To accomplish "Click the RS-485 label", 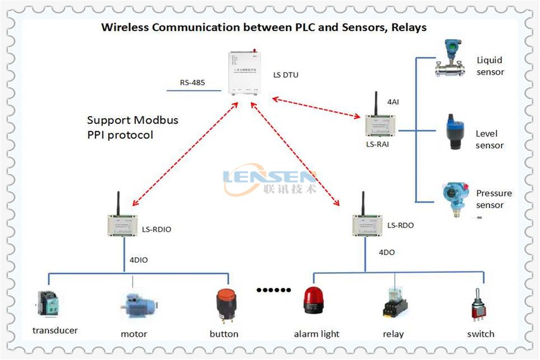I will tap(192, 82).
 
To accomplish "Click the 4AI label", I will tap(393, 101).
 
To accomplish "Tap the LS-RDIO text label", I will tap(157, 229).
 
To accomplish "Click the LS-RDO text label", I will tap(400, 225).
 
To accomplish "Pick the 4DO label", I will tap(387, 252).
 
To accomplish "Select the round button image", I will tap(224, 306).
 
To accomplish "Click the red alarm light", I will tap(313, 301).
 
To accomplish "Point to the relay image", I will tap(394, 303).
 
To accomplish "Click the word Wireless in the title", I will tap(124, 28).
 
